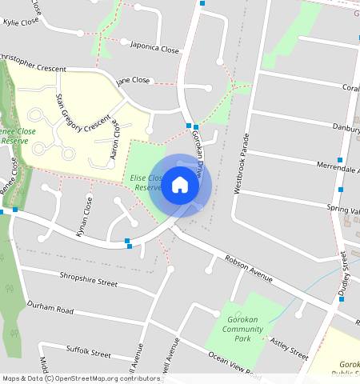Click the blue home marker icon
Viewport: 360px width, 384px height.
point(180,185)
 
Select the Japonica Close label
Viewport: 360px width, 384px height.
point(154,48)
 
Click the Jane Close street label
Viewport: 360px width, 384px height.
point(133,81)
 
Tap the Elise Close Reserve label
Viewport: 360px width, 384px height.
point(147,182)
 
